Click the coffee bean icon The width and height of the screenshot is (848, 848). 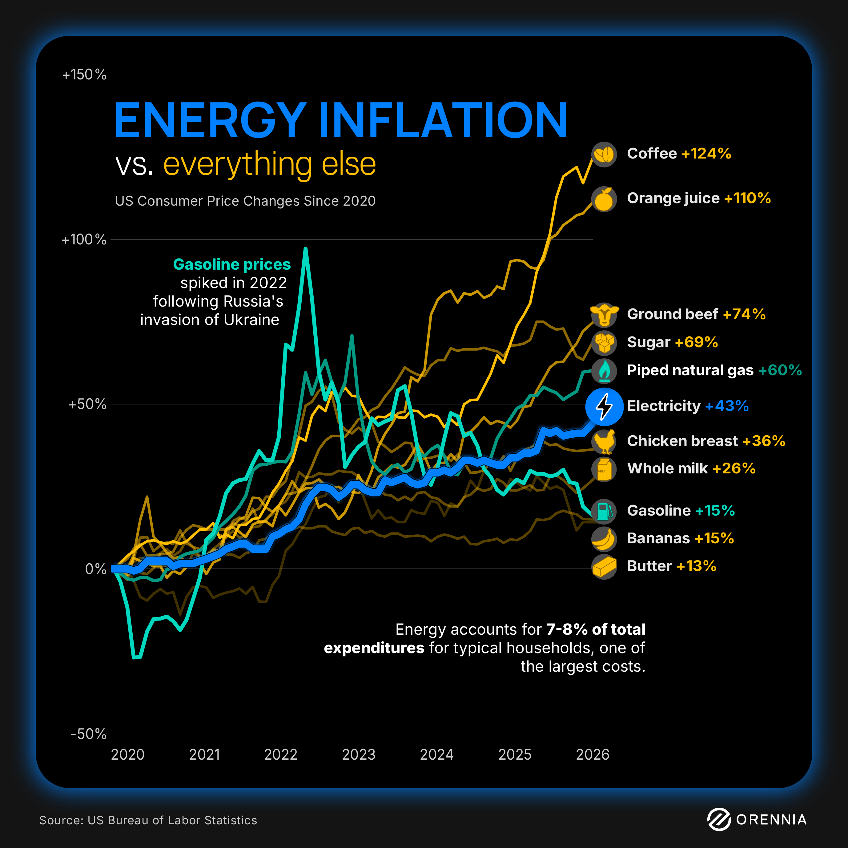tap(604, 155)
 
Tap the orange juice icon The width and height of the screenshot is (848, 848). tap(604, 199)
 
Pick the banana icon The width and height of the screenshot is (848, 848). tap(604, 539)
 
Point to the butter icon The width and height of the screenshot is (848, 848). tap(604, 567)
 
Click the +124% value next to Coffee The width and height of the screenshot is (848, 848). tap(706, 154)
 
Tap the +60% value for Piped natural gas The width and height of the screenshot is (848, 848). tap(780, 370)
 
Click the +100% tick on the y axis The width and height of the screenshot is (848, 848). tap(84, 240)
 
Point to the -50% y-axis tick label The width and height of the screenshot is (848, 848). tap(88, 734)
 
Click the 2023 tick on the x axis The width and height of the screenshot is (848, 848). tap(359, 754)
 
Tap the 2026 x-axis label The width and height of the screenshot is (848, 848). tap(593, 754)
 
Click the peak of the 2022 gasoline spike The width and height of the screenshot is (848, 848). tap(305, 249)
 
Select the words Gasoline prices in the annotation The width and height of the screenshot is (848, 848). tap(232, 264)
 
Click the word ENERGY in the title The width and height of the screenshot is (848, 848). tap(210, 120)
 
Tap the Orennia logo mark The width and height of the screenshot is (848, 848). tap(718, 819)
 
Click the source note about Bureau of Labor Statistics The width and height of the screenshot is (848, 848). tap(148, 820)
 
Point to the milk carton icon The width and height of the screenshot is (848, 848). tap(604, 469)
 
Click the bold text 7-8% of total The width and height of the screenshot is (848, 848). tap(596, 629)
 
